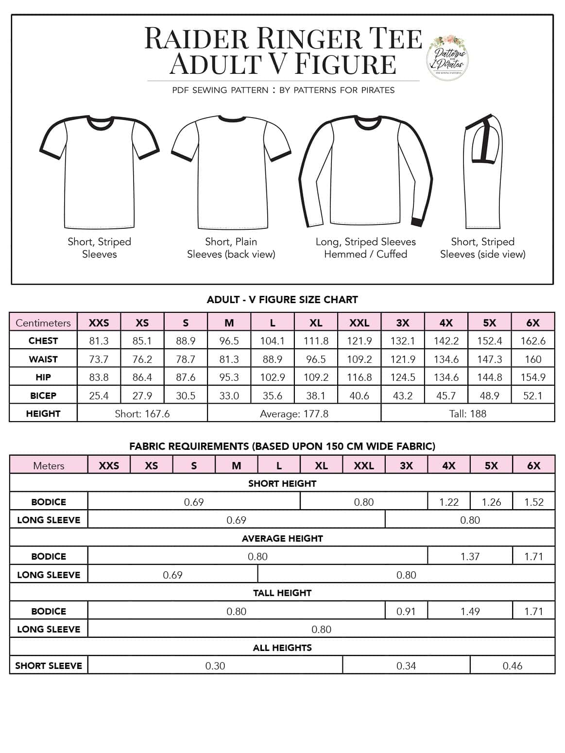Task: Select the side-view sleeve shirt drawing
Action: point(483,172)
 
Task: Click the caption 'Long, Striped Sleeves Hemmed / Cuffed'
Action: point(365,248)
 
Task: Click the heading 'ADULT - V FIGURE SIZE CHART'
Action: point(282,300)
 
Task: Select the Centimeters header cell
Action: point(43,323)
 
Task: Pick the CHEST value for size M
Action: point(229,341)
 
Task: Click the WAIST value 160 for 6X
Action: point(532,359)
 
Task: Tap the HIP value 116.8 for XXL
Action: point(359,377)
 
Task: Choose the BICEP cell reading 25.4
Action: point(99,396)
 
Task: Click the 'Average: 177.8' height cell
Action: point(294,414)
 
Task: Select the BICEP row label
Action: point(43,396)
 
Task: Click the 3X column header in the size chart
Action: point(402,323)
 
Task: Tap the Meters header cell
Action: point(49,465)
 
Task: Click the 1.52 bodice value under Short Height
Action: point(533,502)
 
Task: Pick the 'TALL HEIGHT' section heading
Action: point(282,593)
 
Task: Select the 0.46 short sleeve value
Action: point(512,666)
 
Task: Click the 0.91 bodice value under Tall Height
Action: point(406,611)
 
